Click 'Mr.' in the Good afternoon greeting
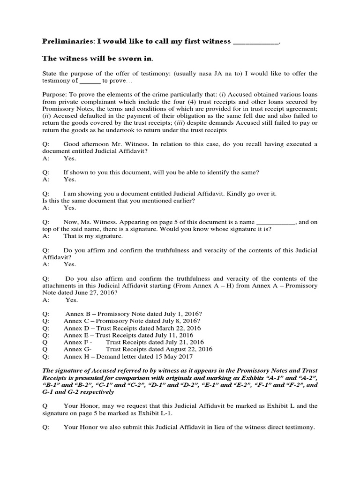pyautogui.click(x=128, y=145)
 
